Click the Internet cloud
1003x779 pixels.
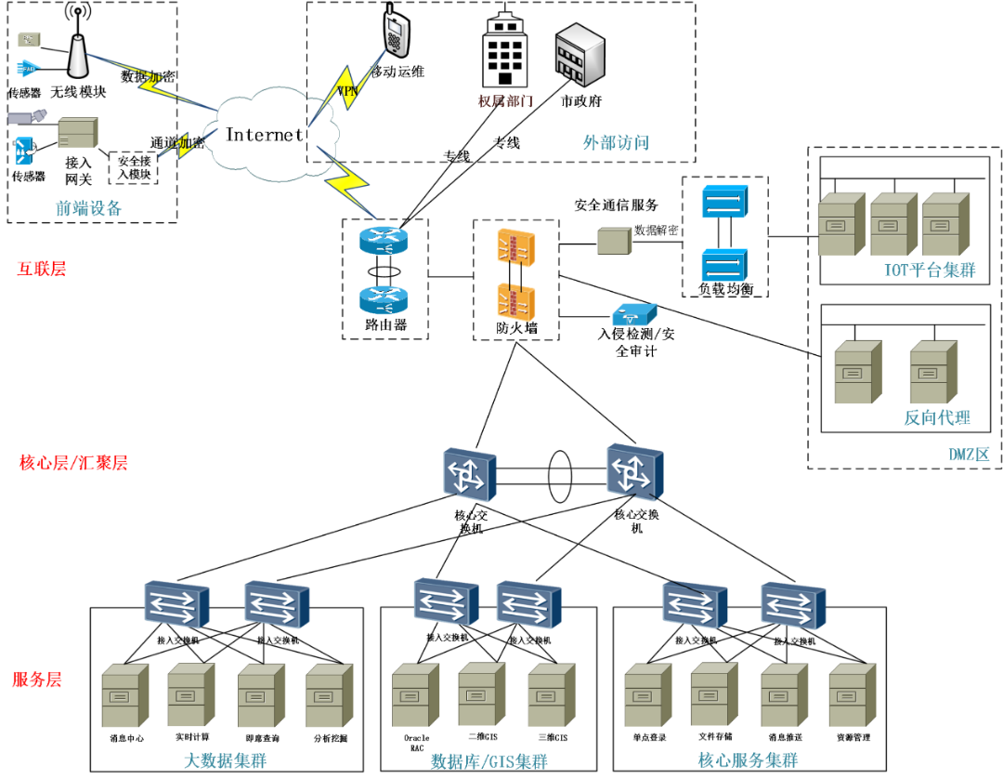coord(265,135)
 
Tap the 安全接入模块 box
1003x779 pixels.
coord(134,167)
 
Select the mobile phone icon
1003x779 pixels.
coord(396,32)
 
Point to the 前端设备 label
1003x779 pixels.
coord(88,209)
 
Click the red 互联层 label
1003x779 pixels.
coord(41,269)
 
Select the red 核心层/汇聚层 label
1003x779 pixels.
coord(73,463)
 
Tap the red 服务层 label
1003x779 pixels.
coord(36,680)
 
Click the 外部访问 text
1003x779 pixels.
coord(616,142)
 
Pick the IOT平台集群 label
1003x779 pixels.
coord(930,271)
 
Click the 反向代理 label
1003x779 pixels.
coord(937,417)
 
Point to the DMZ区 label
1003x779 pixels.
coord(969,455)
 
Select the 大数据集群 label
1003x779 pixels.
coord(225,760)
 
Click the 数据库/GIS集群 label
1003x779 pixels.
coord(488,761)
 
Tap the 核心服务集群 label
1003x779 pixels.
coord(748,760)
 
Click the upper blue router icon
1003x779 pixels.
coord(384,241)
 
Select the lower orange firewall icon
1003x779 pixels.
coord(515,301)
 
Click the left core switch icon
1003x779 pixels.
coord(468,474)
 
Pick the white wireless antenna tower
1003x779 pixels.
coord(78,56)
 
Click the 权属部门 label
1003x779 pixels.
coord(505,100)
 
